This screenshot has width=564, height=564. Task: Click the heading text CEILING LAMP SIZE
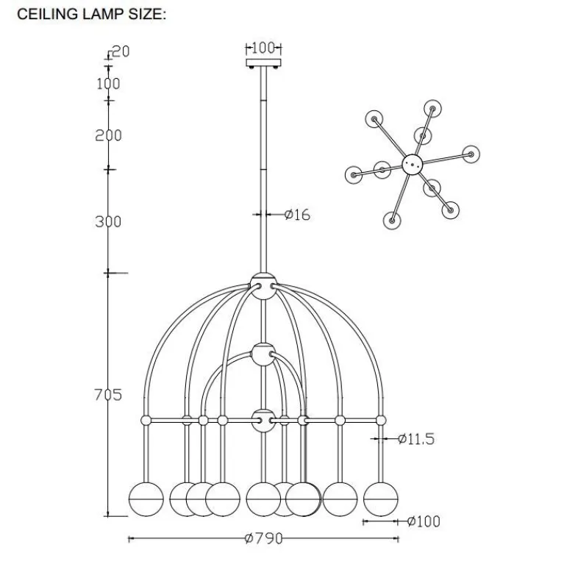(x=92, y=14)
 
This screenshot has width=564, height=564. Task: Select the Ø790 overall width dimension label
(x=264, y=538)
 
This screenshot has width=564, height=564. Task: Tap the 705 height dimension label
(x=108, y=395)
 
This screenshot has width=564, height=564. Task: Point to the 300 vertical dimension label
(x=108, y=221)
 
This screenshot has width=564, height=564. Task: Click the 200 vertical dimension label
(x=108, y=135)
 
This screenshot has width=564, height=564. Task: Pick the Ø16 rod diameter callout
(x=297, y=215)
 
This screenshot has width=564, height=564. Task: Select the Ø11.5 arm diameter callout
(x=416, y=438)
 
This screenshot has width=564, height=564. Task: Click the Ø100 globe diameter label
(x=424, y=521)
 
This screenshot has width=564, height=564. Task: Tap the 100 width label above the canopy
(x=263, y=48)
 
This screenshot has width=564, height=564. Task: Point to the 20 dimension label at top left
(x=121, y=51)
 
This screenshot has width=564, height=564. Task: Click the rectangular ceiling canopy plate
(x=264, y=63)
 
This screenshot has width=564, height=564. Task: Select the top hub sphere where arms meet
(x=264, y=286)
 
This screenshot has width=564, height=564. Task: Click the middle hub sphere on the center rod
(x=264, y=354)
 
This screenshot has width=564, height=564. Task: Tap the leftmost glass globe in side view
(x=146, y=499)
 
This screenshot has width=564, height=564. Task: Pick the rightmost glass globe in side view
(x=381, y=499)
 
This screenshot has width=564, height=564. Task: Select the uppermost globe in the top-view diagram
(x=432, y=109)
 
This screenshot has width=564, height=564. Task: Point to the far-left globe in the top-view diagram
(x=354, y=175)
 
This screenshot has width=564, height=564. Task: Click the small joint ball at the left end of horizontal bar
(x=146, y=420)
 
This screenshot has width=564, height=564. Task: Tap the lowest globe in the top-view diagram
(x=392, y=220)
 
